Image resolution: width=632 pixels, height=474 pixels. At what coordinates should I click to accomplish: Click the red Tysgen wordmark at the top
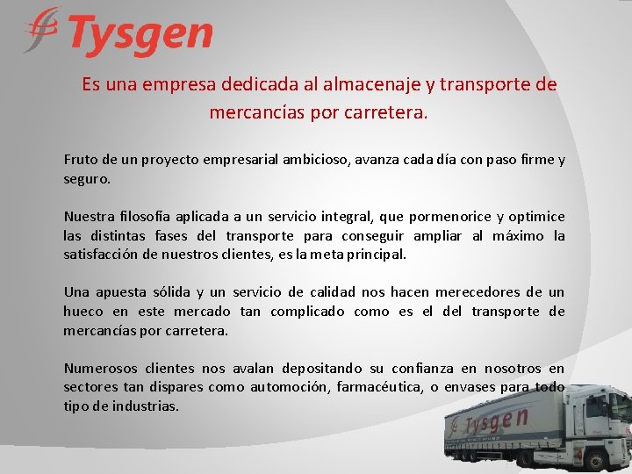tap(140, 35)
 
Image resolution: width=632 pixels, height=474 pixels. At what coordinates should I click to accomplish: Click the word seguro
tap(87, 178)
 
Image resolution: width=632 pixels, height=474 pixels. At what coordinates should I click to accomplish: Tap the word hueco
tap(83, 312)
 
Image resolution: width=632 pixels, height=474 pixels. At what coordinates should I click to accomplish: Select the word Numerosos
tap(99, 369)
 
